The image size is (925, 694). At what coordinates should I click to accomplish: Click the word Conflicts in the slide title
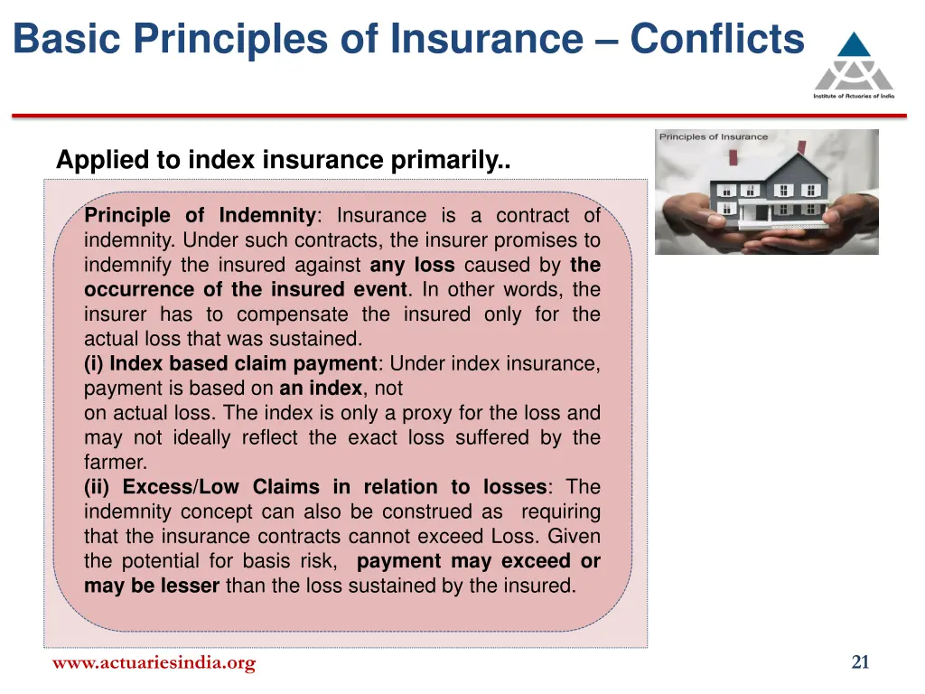coord(716,40)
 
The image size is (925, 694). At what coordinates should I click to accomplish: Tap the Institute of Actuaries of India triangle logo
coord(854,61)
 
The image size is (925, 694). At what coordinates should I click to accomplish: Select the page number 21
coord(860,663)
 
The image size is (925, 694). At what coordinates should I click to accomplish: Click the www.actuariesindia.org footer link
coord(154,663)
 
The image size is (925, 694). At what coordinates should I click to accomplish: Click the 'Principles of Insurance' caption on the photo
coord(713,137)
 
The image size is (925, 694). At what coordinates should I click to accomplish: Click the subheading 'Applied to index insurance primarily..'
coord(283,160)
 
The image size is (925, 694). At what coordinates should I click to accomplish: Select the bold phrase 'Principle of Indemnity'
coord(199,215)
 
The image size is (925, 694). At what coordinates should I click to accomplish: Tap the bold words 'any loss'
coord(412,265)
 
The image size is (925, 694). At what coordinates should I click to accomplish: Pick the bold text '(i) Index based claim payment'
coord(230,364)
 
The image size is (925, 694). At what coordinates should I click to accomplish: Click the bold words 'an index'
coord(320,389)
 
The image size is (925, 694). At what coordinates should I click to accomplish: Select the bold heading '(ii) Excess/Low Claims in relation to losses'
coord(315,487)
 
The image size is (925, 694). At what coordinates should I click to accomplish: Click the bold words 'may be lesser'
coord(151,586)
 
